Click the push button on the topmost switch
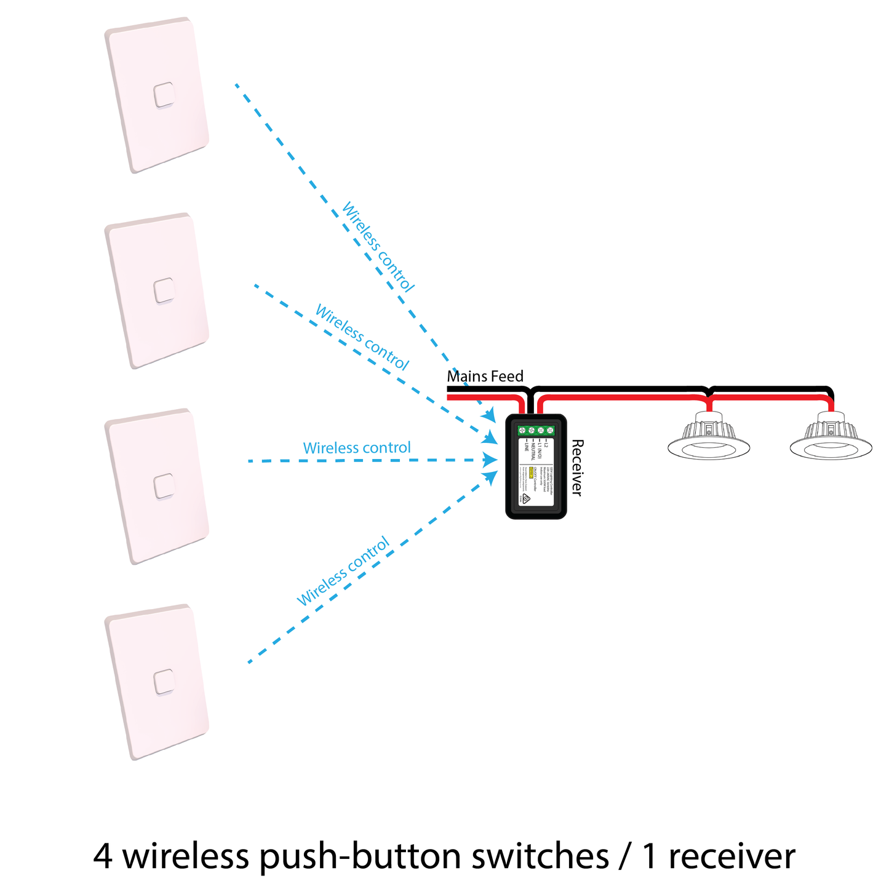pos(164,95)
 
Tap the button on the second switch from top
pos(164,291)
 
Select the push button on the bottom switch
pos(164,682)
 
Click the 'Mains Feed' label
pos(485,377)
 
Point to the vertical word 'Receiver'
pos(576,467)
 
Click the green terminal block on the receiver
pos(536,431)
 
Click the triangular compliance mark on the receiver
pos(526,500)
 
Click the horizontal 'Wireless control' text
pos(357,448)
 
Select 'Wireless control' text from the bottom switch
pos(343,572)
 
